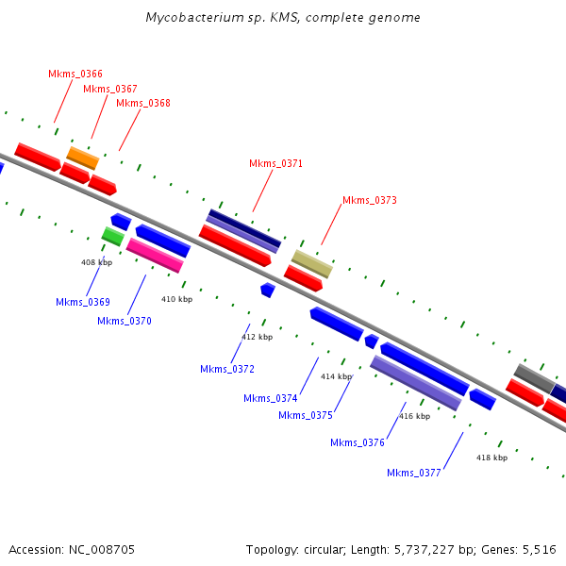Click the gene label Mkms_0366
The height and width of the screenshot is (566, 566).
75,74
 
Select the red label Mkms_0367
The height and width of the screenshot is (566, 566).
110,89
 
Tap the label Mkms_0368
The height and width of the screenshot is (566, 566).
143,103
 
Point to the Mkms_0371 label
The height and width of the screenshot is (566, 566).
275,163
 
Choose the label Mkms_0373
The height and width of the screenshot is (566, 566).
370,200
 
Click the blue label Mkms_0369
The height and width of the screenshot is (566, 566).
83,303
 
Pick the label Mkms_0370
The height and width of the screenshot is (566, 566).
125,321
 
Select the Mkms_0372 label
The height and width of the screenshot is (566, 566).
227,369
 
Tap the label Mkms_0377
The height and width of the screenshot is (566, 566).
414,473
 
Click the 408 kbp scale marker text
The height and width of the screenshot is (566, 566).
96,262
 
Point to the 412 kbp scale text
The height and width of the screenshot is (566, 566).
257,337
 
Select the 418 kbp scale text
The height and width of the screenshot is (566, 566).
491,458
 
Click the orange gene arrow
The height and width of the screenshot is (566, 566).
82,158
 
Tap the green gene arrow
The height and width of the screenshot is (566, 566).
113,236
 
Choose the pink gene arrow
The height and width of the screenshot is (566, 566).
155,255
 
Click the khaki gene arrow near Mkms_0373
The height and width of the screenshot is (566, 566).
312,263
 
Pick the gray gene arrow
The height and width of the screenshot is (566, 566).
534,377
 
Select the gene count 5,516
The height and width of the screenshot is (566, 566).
539,549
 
